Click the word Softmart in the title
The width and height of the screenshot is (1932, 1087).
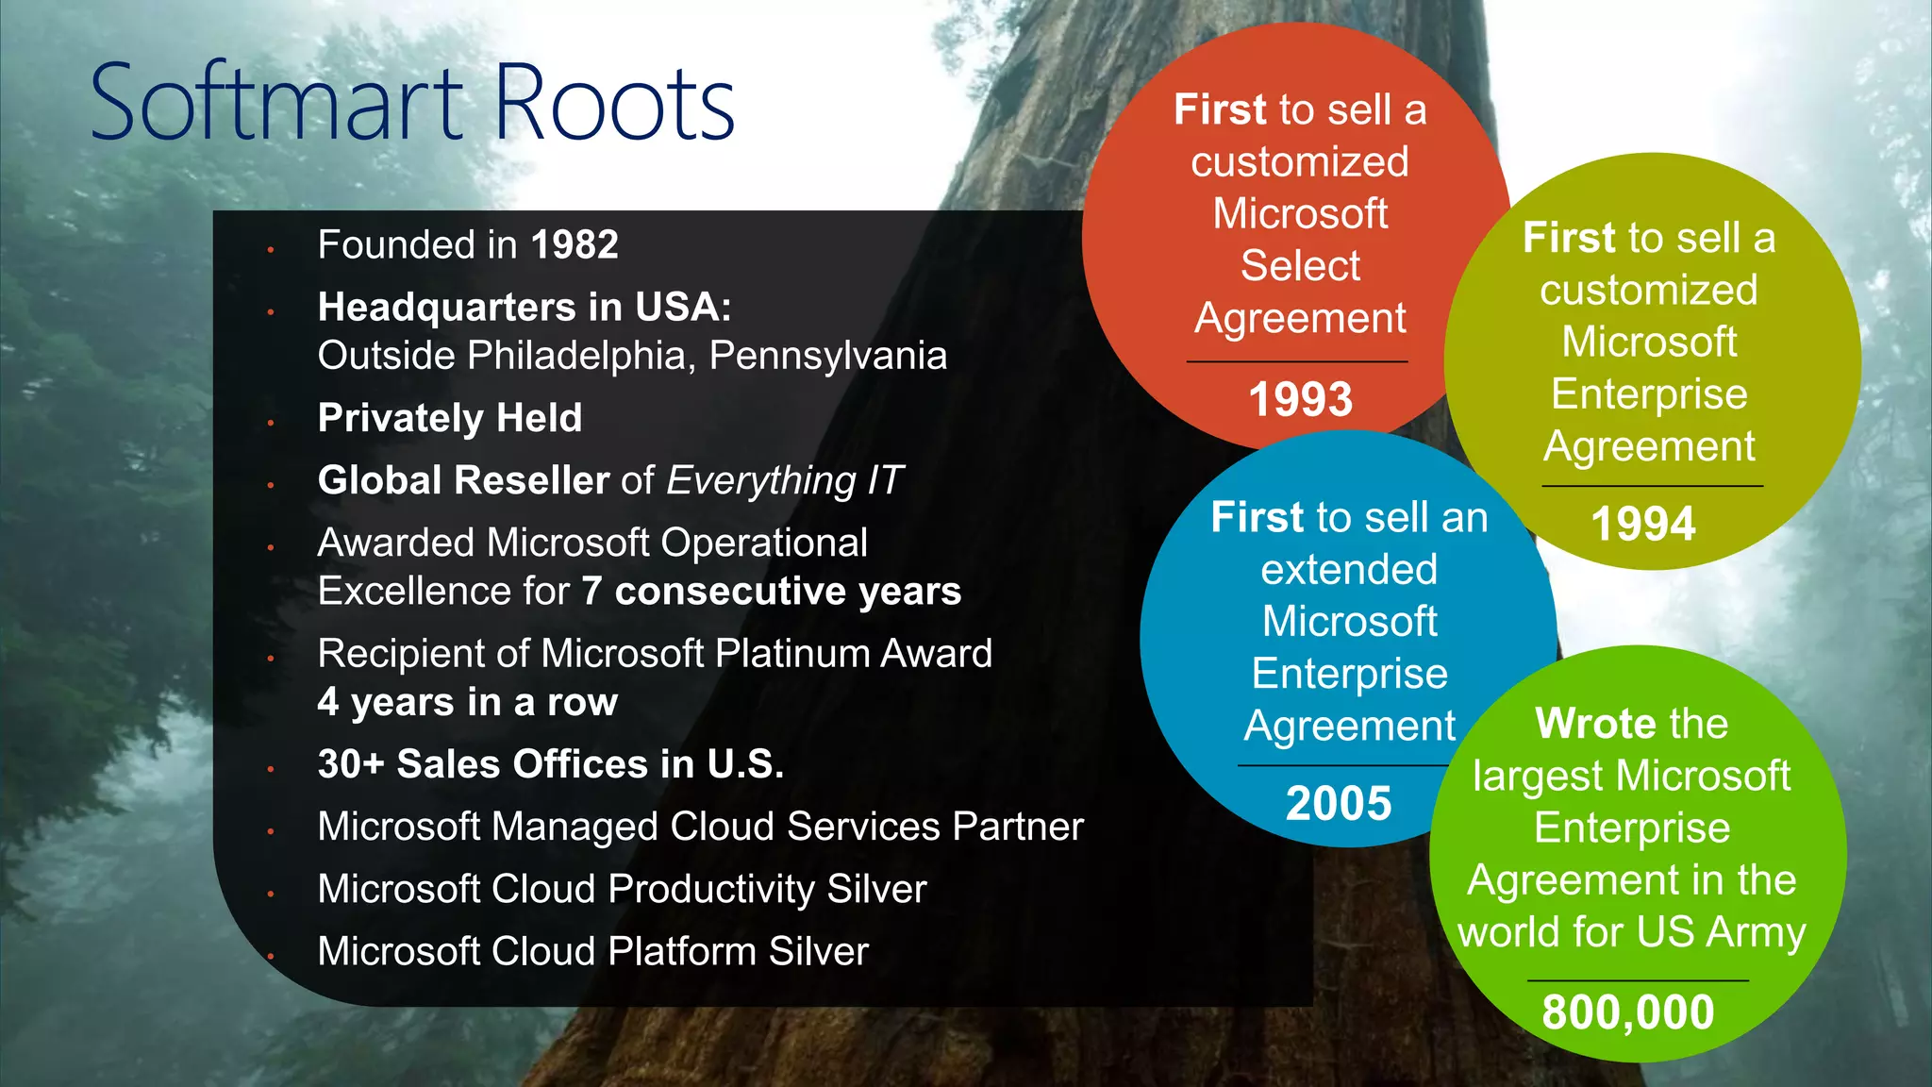click(278, 102)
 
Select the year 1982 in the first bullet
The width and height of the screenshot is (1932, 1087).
click(575, 245)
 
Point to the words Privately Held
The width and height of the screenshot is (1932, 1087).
click(450, 418)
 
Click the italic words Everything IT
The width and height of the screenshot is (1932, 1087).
click(785, 480)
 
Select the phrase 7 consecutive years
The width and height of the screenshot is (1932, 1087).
click(772, 592)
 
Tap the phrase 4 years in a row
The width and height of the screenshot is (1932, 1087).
click(468, 702)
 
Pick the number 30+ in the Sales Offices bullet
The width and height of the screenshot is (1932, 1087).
click(351, 764)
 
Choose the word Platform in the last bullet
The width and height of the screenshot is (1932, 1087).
click(681, 951)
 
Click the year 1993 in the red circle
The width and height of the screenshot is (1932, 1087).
click(1301, 399)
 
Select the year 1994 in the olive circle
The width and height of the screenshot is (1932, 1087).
click(1643, 524)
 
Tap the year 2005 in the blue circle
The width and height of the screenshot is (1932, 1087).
click(1339, 804)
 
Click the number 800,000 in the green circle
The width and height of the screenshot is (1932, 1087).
click(1628, 1012)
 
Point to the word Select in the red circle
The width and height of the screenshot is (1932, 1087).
click(1300, 266)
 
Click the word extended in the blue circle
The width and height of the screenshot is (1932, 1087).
click(1349, 570)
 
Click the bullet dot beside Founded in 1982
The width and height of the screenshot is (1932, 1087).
click(271, 250)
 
